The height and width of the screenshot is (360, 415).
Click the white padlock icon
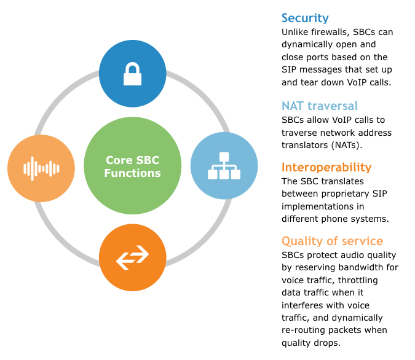132,74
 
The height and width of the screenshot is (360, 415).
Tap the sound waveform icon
41,168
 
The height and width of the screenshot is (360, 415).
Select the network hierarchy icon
224,166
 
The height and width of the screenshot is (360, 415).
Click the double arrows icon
132,257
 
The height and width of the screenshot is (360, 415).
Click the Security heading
305,18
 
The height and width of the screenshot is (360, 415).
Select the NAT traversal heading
320,106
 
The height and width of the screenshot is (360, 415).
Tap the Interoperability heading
326,167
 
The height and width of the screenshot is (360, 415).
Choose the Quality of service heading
332,241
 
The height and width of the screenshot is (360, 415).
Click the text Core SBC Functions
132,167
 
